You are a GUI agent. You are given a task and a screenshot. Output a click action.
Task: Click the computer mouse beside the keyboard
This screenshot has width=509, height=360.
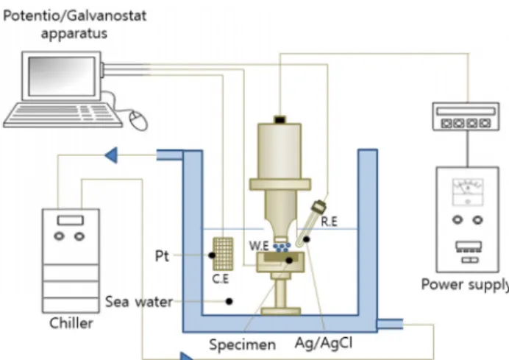point(138,120)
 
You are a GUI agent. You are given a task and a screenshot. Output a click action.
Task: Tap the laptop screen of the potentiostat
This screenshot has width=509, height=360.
point(62,76)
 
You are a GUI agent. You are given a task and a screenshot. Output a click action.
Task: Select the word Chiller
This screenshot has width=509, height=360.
point(71,323)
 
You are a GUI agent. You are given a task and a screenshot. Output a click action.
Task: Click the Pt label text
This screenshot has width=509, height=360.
point(162,255)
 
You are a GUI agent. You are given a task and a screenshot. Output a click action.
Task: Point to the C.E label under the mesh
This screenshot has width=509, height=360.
point(221,278)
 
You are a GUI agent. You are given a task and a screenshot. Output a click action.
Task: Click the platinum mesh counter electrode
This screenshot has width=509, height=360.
point(223,254)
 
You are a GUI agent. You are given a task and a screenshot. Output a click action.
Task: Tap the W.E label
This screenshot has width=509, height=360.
point(259,246)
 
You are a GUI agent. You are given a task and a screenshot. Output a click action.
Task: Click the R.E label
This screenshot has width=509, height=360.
point(330,222)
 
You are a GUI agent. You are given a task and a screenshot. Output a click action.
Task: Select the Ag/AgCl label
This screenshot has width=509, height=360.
point(324,343)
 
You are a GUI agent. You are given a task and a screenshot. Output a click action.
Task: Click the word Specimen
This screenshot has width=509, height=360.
point(242,345)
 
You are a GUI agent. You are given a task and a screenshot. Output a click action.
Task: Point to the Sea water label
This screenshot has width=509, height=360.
point(139,302)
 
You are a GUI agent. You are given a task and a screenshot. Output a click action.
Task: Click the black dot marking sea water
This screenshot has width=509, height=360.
point(229,302)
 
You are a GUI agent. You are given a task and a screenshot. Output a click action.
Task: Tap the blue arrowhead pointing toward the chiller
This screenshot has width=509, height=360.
point(111,155)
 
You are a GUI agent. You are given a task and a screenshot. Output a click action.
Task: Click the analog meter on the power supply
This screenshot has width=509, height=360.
point(468,191)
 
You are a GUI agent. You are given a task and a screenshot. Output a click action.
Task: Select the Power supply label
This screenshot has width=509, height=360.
point(465,285)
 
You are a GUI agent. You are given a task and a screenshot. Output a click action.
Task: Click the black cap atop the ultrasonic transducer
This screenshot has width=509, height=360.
point(280,120)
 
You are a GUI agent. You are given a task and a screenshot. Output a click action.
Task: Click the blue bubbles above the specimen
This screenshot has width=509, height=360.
point(282,247)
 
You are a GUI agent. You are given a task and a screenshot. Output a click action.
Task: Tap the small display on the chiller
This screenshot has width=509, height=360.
point(71,220)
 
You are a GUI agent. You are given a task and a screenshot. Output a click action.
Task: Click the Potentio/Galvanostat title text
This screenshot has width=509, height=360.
point(75,16)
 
